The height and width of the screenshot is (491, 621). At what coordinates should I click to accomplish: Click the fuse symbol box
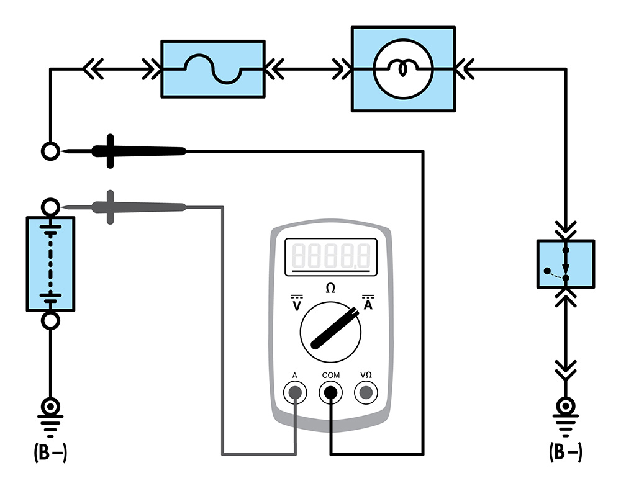coord(213,69)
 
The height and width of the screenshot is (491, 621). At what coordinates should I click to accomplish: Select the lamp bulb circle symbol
coord(402,69)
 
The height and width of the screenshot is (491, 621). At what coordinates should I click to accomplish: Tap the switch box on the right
coord(565,264)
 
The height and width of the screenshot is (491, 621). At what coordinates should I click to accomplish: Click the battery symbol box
coord(50,264)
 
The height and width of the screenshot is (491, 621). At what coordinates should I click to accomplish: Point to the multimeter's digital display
coord(331,255)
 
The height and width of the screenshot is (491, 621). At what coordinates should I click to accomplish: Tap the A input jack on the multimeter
coord(294,392)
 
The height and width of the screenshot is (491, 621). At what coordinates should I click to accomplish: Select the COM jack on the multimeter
coord(330,392)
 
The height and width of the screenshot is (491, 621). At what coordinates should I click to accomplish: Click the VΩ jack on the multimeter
coord(366,392)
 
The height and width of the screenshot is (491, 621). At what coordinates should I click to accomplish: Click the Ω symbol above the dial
coord(330,288)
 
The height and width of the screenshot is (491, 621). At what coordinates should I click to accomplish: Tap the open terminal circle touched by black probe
coord(50,151)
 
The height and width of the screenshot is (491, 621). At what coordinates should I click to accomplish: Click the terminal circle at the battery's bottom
coord(50,320)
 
